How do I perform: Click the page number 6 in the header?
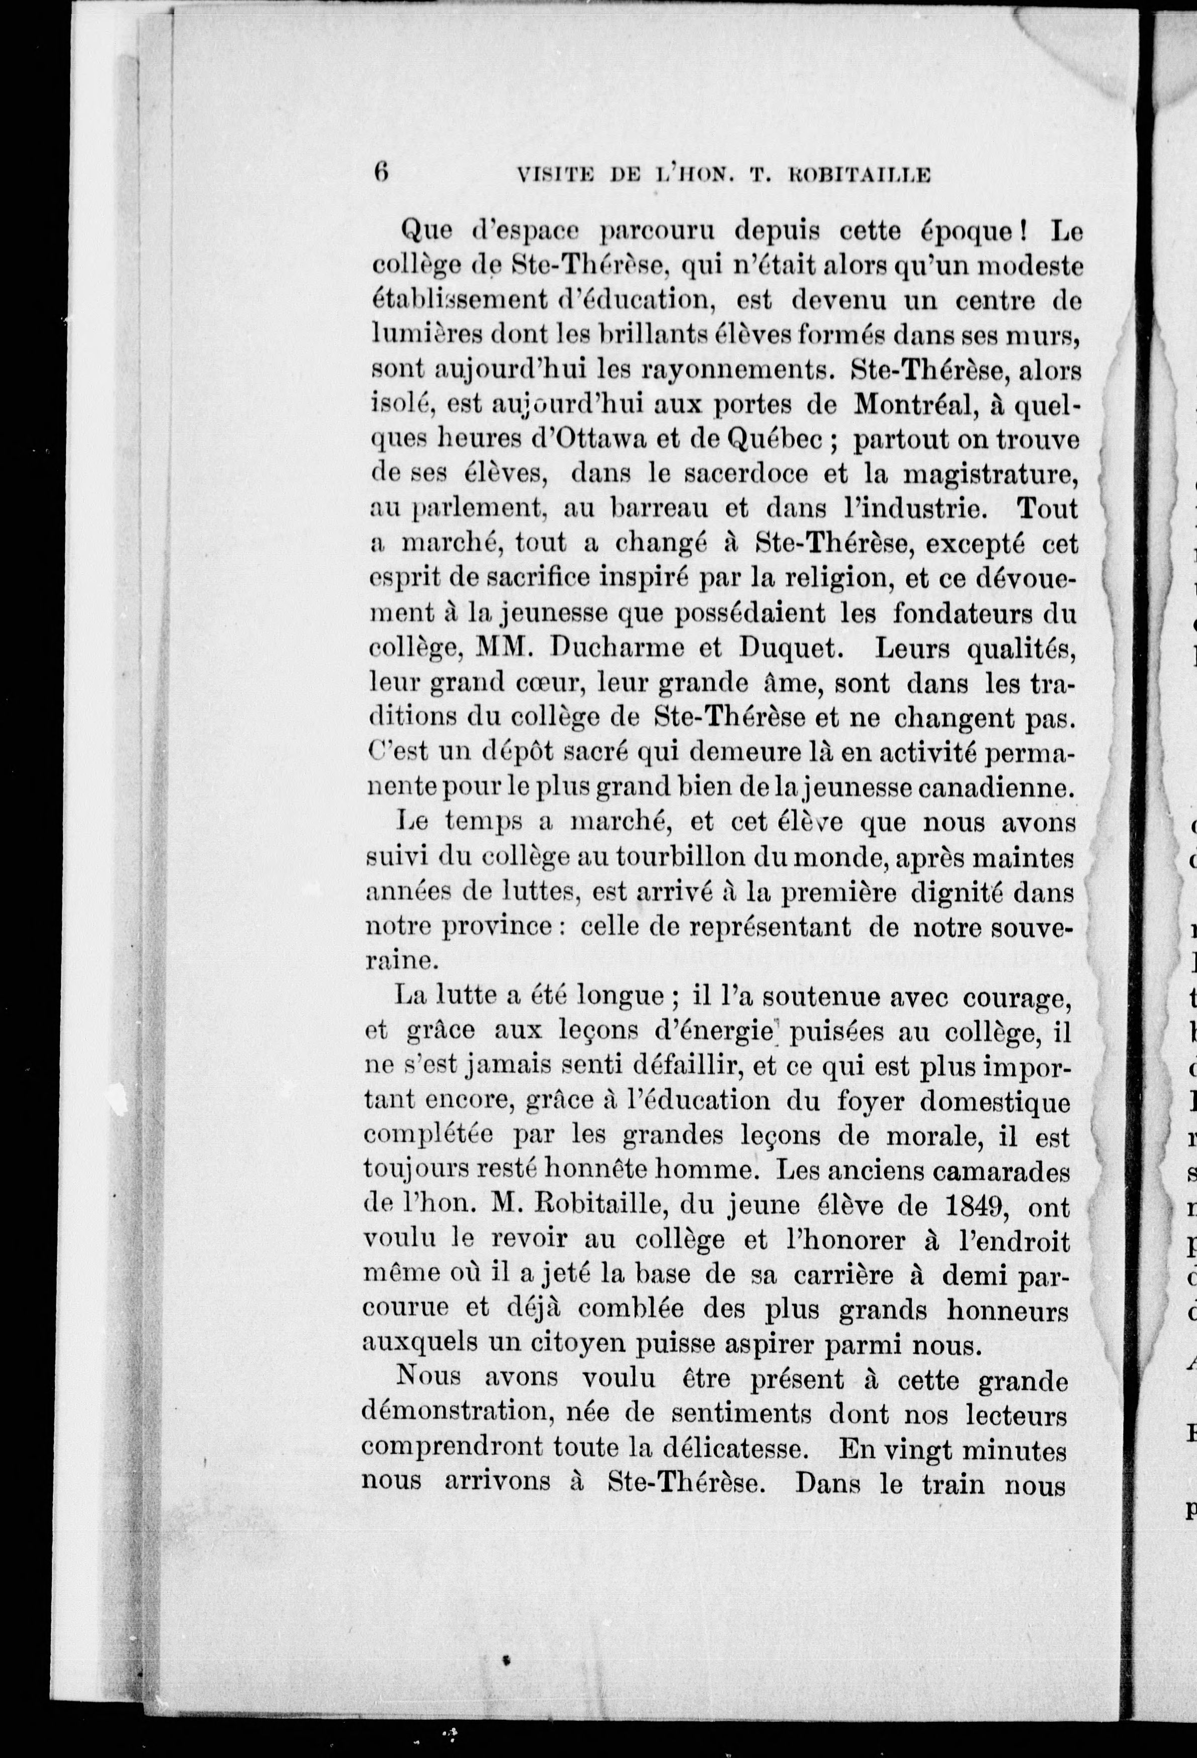[x=380, y=194]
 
